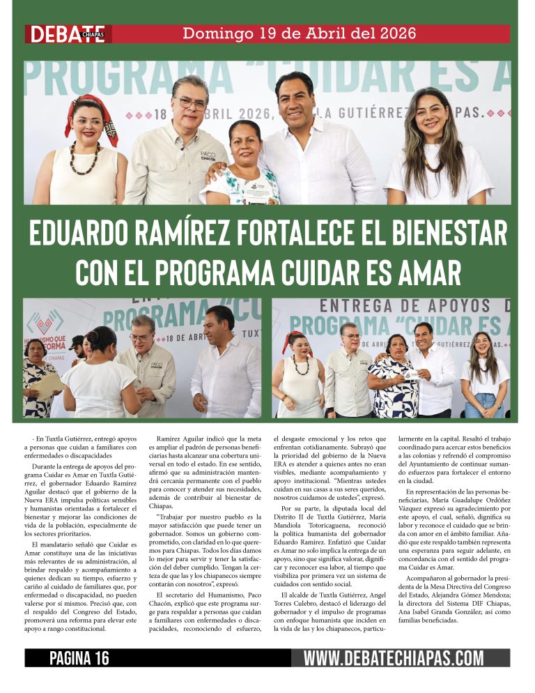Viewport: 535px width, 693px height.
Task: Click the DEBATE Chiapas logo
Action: (x=68, y=34)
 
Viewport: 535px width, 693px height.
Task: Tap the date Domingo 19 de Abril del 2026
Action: (x=300, y=33)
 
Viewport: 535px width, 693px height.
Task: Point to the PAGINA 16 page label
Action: (x=79, y=658)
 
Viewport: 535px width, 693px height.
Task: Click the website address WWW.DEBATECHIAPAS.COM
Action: (x=393, y=658)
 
